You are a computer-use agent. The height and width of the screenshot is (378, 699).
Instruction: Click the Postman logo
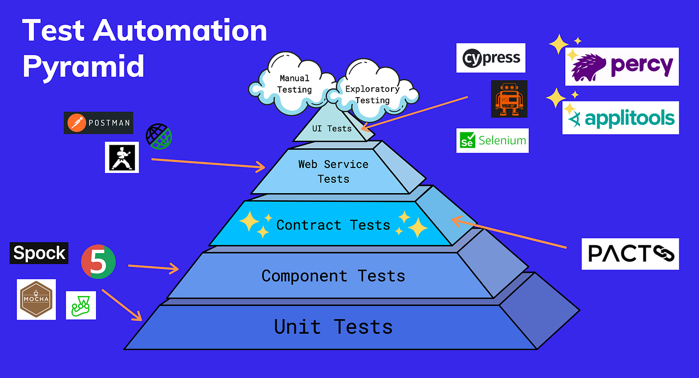click(x=98, y=123)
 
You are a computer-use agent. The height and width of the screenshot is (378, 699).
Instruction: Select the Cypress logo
click(x=490, y=58)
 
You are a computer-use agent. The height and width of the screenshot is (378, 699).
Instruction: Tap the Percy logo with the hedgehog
click(x=621, y=67)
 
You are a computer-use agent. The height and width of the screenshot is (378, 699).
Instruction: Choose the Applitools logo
click(x=621, y=118)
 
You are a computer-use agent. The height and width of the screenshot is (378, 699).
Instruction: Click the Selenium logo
click(x=493, y=141)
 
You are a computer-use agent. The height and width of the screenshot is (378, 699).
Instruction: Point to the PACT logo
click(x=630, y=254)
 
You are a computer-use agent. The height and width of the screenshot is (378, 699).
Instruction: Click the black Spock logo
click(x=39, y=253)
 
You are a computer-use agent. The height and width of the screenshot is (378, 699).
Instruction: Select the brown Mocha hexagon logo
click(x=36, y=299)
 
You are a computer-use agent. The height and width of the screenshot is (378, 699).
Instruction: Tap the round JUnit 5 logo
click(x=98, y=262)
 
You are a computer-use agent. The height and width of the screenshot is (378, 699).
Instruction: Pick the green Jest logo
click(x=81, y=305)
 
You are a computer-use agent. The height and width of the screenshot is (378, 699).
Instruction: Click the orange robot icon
click(x=509, y=99)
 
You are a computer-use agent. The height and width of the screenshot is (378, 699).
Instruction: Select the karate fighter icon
click(x=122, y=157)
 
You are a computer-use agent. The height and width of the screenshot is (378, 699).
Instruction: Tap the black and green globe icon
click(x=159, y=136)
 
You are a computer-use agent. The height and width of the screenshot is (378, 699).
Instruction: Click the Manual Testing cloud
click(x=293, y=84)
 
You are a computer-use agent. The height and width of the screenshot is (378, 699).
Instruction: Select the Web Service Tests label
click(x=333, y=171)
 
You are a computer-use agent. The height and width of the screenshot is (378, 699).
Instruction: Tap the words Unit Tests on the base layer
click(x=333, y=327)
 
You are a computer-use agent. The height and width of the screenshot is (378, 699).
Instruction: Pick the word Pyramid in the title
click(x=84, y=67)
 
